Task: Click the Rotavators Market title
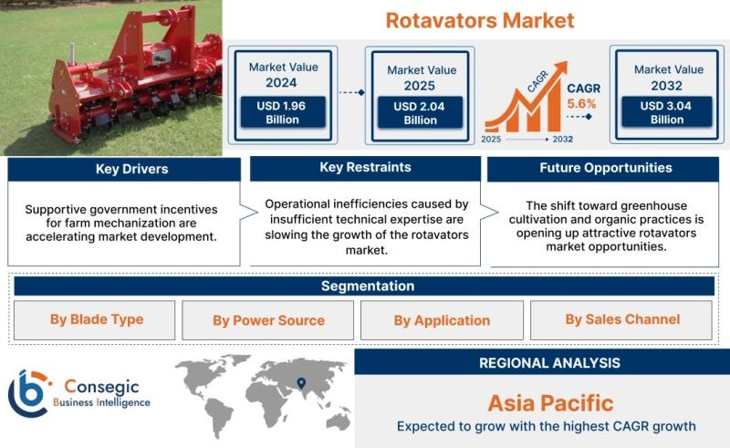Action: click(x=480, y=20)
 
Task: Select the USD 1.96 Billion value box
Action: click(x=282, y=112)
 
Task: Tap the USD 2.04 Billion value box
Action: click(x=420, y=113)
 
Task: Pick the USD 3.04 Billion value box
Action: click(x=667, y=112)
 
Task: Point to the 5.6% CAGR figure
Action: click(x=581, y=103)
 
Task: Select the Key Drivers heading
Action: click(x=131, y=169)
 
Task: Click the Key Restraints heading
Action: click(x=366, y=167)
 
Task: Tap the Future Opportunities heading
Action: click(x=606, y=168)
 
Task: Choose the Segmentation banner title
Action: click(x=368, y=286)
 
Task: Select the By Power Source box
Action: click(x=267, y=320)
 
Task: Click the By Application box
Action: click(x=442, y=320)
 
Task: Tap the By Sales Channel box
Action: click(x=621, y=320)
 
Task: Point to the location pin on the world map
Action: click(x=301, y=383)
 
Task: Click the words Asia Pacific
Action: click(x=550, y=403)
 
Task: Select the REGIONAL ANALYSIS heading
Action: click(x=550, y=363)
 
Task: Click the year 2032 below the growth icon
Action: click(x=562, y=140)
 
